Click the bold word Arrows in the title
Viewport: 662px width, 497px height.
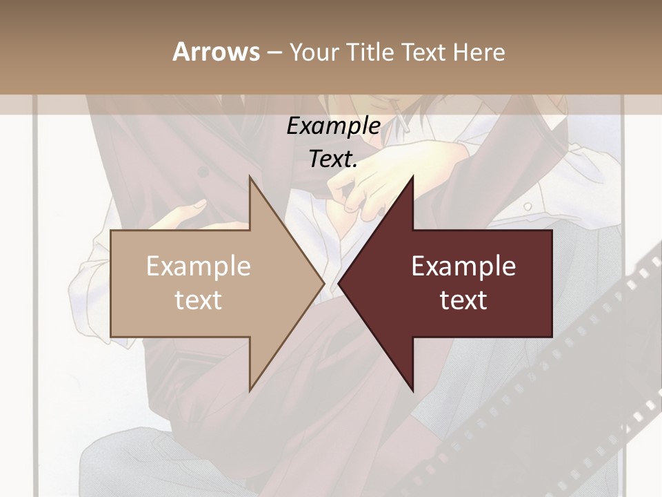(216, 52)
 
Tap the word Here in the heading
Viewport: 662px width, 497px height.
(479, 52)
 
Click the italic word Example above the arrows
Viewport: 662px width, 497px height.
(333, 126)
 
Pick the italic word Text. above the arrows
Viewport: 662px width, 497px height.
(333, 159)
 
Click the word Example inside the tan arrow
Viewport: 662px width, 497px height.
(199, 266)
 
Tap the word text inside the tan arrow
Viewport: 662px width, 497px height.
(199, 300)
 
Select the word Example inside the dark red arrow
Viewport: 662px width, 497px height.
(463, 266)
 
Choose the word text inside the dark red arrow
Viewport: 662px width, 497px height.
(463, 300)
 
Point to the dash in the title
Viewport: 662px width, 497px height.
(274, 52)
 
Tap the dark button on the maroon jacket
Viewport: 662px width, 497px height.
(203, 172)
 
